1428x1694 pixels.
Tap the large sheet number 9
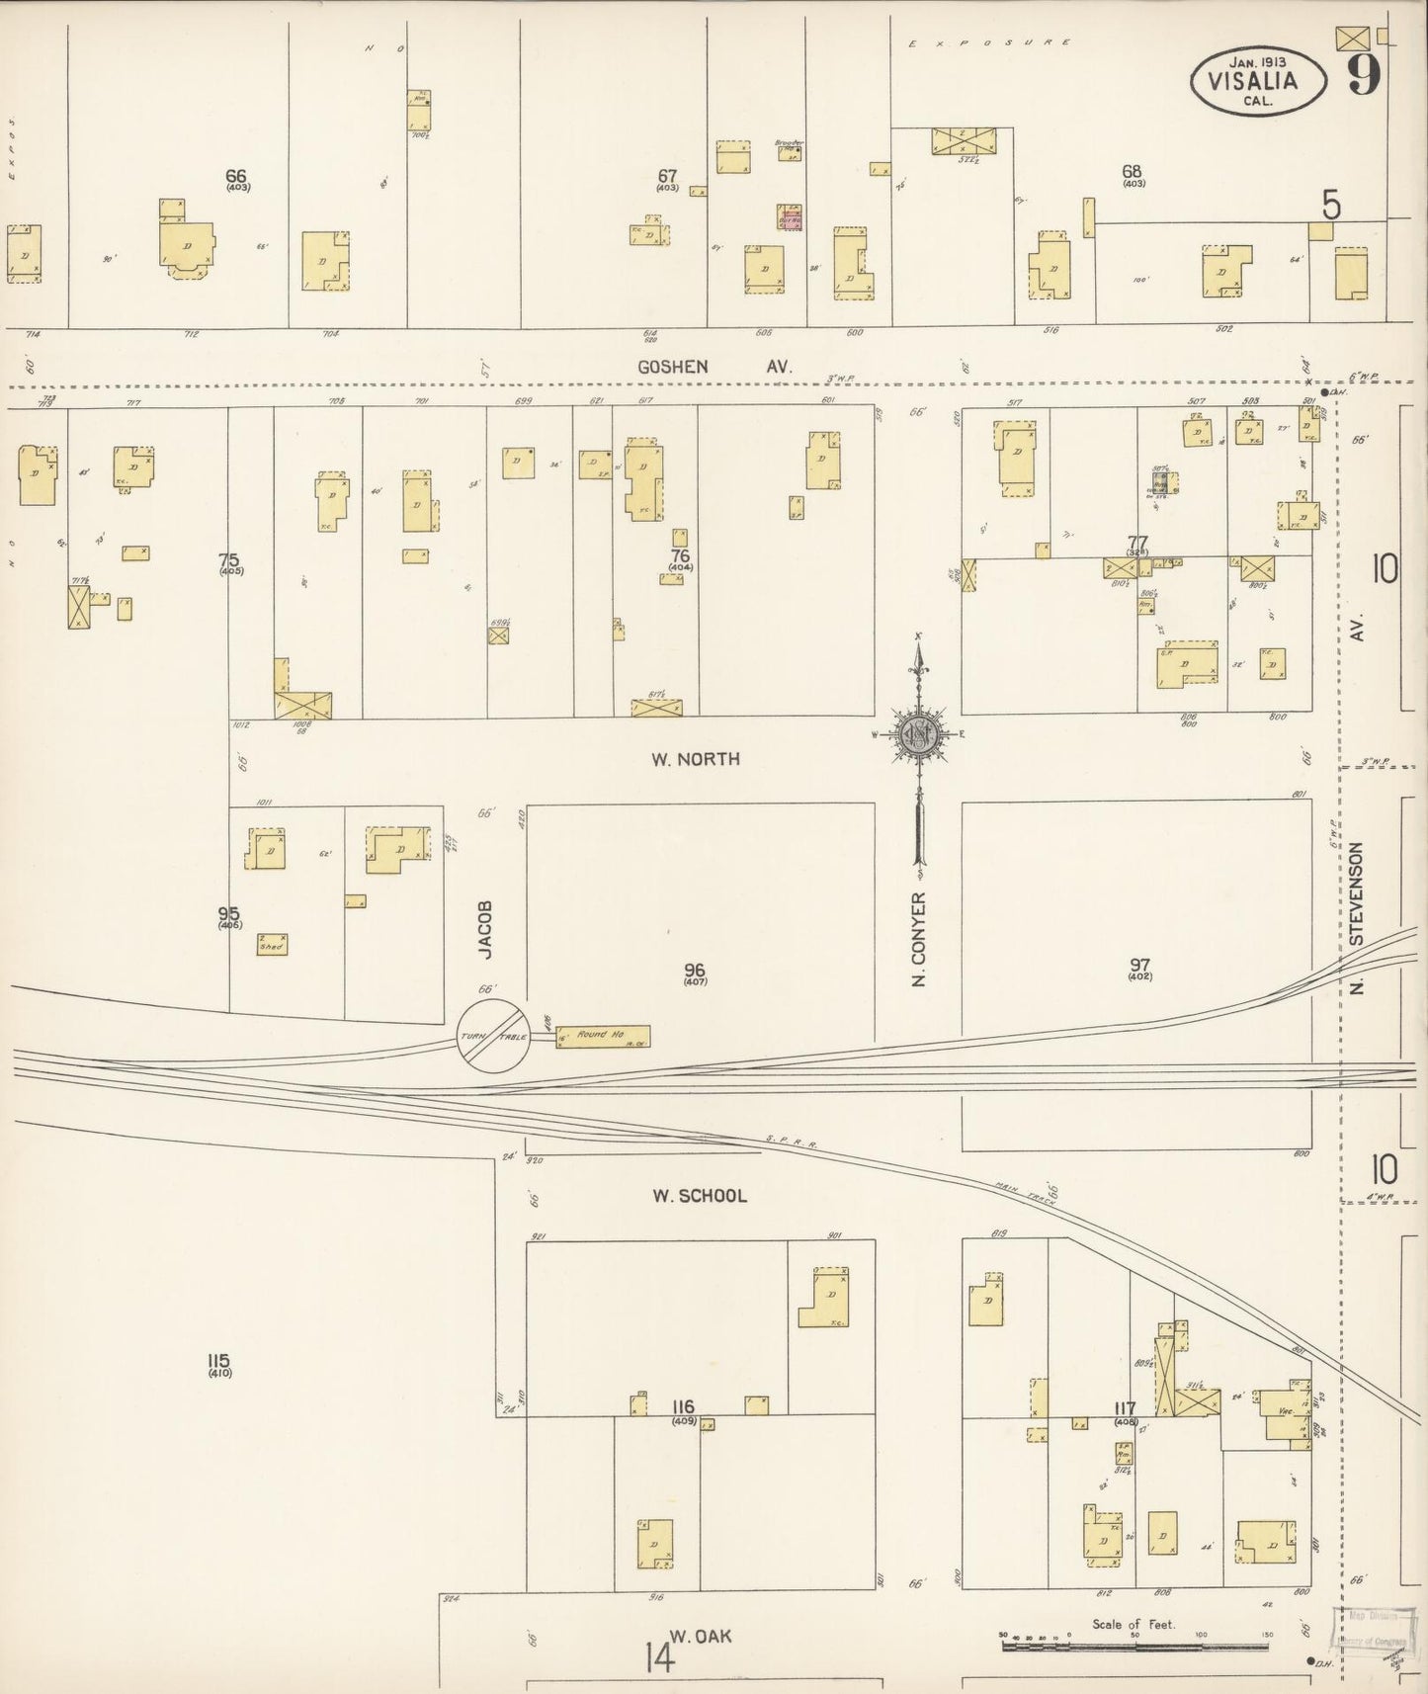click(x=1363, y=72)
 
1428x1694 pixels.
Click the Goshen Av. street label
click(x=714, y=367)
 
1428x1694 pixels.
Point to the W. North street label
click(x=695, y=759)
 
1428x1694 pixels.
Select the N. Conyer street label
click(x=919, y=939)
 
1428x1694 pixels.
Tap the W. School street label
click(x=699, y=1196)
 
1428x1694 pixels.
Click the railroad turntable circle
click(x=493, y=1036)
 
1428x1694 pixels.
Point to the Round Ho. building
click(x=602, y=1036)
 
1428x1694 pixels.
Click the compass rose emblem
click(x=919, y=734)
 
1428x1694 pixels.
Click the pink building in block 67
click(x=791, y=218)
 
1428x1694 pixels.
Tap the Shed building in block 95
click(x=272, y=944)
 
